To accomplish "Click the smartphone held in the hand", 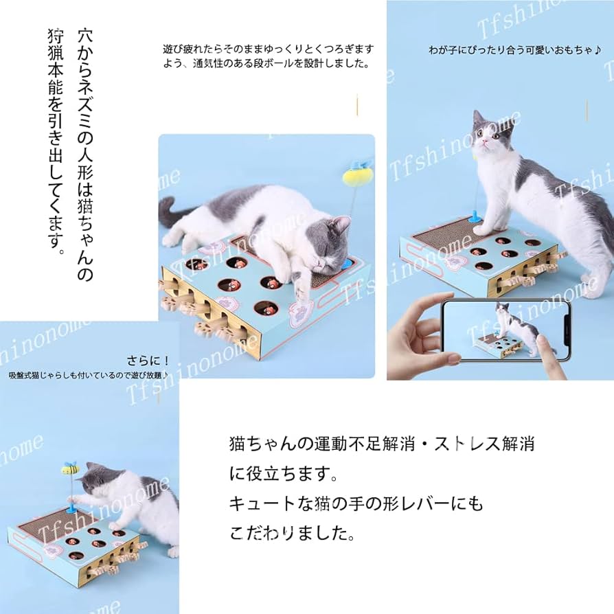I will tap(505, 330).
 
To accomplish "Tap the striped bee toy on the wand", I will tap(70, 469).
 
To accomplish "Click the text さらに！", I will tap(148, 361).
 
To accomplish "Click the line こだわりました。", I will tap(302, 533).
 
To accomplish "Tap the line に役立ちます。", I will tap(283, 474).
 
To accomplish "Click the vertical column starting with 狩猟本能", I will tap(56, 137).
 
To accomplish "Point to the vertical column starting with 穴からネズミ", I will tap(84, 155).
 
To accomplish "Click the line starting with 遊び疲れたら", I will tap(269, 49).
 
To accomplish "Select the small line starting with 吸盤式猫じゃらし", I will tap(88, 375).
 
